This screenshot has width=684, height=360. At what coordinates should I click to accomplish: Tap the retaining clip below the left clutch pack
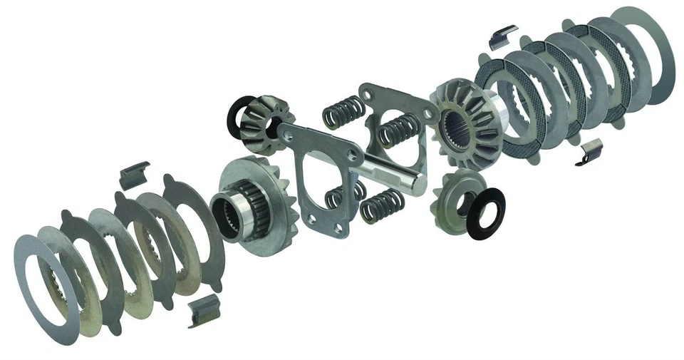pos(199,312)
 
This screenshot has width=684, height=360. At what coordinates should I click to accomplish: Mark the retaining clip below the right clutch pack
pos(590,150)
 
